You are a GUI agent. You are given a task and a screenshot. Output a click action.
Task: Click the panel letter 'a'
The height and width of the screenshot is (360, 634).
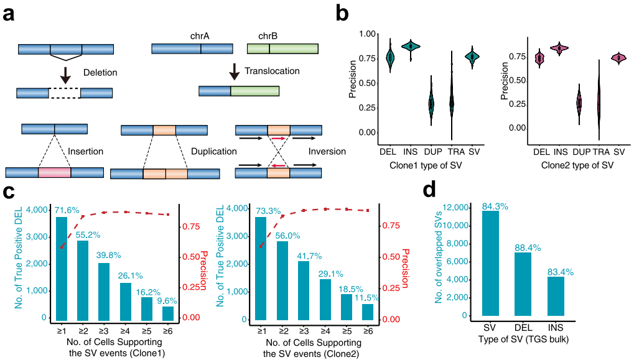10,14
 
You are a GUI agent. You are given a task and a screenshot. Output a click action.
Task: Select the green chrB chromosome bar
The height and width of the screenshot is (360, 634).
282,48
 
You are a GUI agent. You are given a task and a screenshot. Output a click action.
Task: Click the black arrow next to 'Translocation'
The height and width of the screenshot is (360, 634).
234,70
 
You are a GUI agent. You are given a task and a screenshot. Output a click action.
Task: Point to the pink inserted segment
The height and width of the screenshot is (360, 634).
54,173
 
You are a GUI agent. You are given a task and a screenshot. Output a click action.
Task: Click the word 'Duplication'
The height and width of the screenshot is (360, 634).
213,151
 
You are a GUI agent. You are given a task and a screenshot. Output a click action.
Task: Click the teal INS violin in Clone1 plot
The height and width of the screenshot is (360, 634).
410,46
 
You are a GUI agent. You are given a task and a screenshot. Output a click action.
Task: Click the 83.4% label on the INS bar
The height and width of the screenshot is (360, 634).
557,271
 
